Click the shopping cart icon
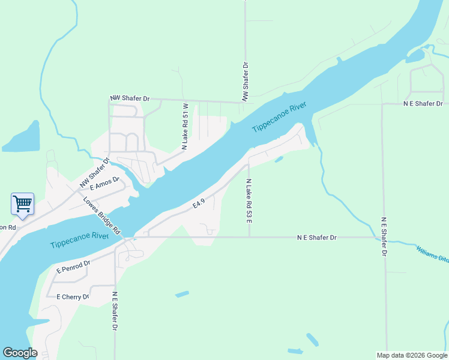coord(22,203)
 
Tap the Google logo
coord(20,353)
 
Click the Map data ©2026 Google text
coord(411,355)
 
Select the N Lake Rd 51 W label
coord(185,126)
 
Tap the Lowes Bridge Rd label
coord(103,215)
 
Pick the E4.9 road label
coord(199,205)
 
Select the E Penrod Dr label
coord(73,267)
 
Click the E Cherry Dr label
coord(73,296)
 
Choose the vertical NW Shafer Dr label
coord(245,81)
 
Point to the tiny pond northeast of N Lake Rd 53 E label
coord(279,160)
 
